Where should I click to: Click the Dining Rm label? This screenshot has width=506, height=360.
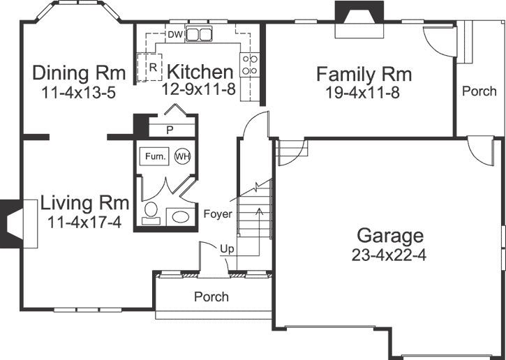click(79, 73)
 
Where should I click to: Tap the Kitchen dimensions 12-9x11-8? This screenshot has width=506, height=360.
click(200, 89)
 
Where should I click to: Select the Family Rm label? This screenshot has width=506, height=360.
click(364, 74)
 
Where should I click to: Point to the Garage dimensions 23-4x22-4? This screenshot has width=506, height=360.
click(389, 255)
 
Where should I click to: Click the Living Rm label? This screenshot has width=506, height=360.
click(84, 203)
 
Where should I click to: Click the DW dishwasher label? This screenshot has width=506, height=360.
click(175, 33)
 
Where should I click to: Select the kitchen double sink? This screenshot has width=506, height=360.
click(200, 34)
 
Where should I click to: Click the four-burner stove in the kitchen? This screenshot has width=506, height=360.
click(251, 64)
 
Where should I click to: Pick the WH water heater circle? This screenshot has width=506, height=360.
click(182, 156)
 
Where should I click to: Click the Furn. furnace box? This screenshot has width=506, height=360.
click(155, 157)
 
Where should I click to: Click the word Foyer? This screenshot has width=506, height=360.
click(218, 214)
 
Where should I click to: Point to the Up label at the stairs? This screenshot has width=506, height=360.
click(228, 248)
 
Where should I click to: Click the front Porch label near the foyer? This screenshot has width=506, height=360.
click(211, 297)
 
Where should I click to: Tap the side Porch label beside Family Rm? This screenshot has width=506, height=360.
click(479, 91)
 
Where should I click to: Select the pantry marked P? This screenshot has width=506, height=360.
click(170, 130)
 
